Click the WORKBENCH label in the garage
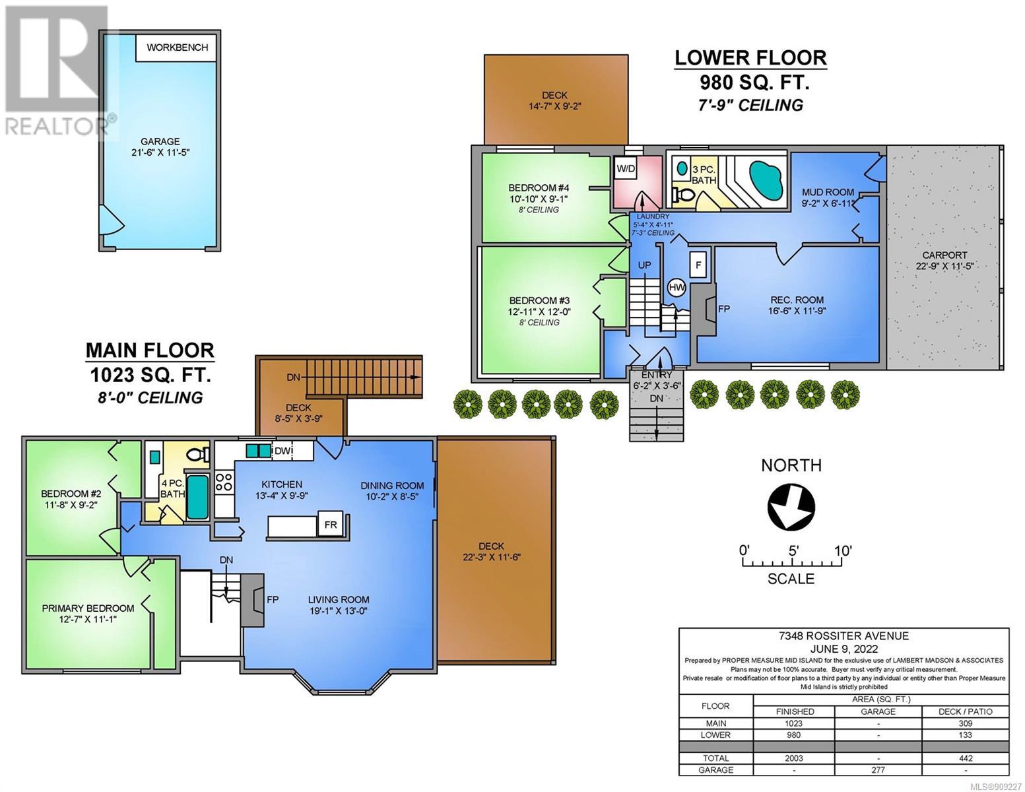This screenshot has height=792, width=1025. [x=177, y=47]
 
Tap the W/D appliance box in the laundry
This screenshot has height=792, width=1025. [x=626, y=169]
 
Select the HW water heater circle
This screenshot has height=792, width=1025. [x=677, y=287]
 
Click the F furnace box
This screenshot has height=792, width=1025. [x=698, y=265]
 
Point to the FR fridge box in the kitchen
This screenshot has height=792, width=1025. [x=330, y=523]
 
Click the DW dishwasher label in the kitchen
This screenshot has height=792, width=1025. [x=283, y=451]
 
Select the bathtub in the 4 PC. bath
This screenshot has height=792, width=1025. [x=197, y=497]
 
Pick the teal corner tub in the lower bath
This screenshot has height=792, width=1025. [x=766, y=180]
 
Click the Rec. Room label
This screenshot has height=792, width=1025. [x=797, y=300]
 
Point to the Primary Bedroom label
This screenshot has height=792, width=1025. [x=88, y=609]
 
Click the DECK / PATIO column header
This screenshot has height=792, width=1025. [x=965, y=711]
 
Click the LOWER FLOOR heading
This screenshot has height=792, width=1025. [x=750, y=58]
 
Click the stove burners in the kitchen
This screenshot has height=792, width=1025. [x=224, y=482]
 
